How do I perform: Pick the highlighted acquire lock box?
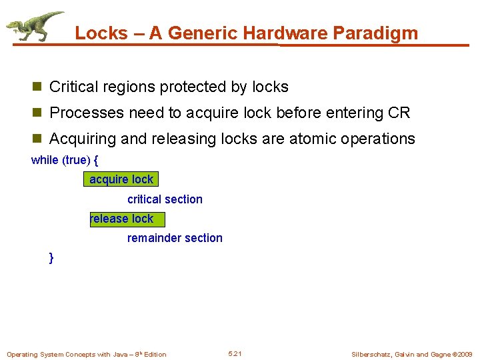point(121,179)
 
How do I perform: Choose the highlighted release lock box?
point(126,219)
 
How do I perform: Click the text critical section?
point(165,199)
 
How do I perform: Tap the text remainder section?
point(175,238)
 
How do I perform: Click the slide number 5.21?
point(235,353)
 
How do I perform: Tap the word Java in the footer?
point(121,354)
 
